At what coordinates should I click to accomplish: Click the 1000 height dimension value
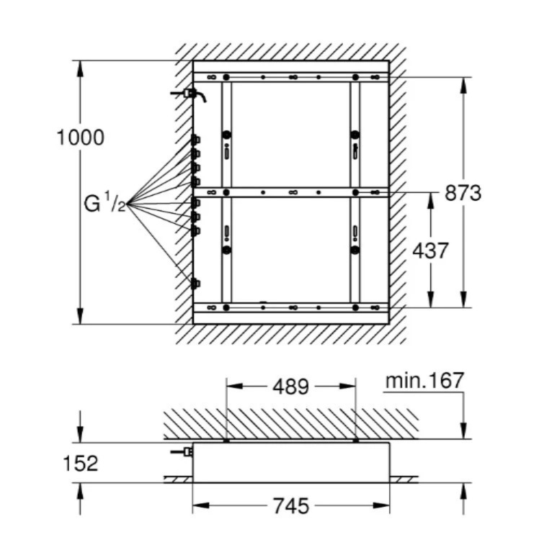(x=81, y=137)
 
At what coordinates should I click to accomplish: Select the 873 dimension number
(x=463, y=193)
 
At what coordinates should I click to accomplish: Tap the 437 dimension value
(x=430, y=251)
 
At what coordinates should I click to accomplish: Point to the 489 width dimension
(x=291, y=387)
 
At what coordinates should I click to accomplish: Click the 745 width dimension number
(x=291, y=505)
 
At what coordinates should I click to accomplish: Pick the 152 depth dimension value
(x=80, y=463)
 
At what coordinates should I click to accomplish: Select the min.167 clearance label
(x=424, y=381)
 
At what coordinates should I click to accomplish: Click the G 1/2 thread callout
(x=105, y=204)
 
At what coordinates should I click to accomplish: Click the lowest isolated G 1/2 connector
(x=195, y=284)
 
